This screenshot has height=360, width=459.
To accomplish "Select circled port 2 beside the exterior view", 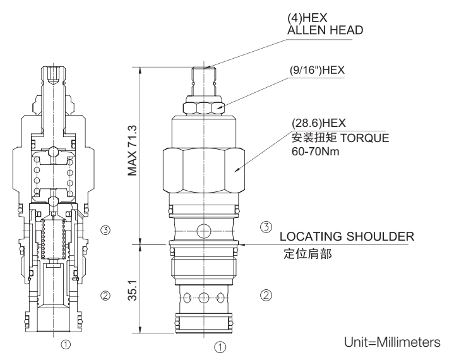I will pos(266,294).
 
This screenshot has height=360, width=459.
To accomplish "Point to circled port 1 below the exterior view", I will pos(219,346).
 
